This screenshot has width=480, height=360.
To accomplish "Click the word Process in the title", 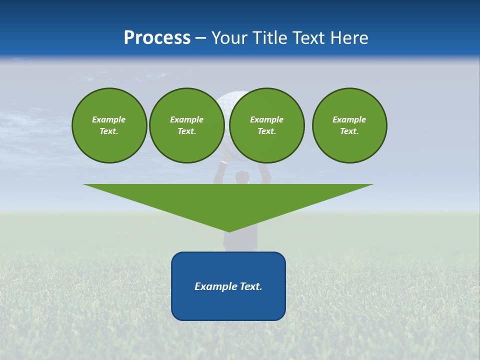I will [157, 37].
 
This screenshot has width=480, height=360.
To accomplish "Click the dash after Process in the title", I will [200, 38].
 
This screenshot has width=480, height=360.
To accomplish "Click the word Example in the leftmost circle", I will [109, 119].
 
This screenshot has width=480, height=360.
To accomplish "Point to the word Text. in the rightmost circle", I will [349, 131].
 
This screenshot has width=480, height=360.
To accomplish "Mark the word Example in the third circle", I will [266, 119].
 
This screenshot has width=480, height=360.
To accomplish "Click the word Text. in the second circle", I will [186, 131].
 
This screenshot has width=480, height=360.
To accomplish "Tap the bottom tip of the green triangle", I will [228, 230].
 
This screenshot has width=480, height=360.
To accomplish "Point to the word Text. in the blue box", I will [251, 286].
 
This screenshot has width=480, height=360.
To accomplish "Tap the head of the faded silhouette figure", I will [242, 177].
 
